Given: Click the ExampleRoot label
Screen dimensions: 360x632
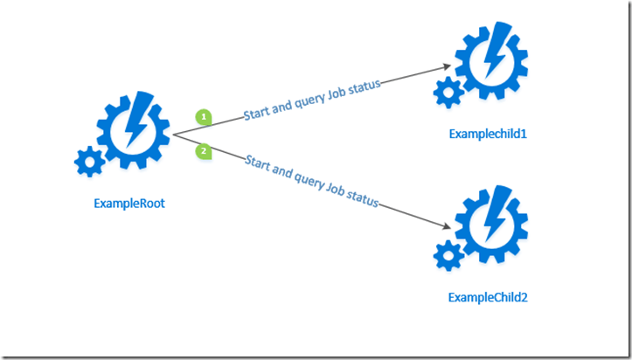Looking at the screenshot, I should tap(129, 204).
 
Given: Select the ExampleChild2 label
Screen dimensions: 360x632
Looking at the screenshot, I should tap(489, 297).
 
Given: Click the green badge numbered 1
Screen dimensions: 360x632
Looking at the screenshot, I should tap(203, 116).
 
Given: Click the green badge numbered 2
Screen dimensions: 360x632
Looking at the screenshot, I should tap(203, 152).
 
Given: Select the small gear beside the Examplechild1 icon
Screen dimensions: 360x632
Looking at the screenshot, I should tap(448, 90).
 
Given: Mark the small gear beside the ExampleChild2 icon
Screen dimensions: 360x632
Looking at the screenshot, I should tap(448, 254).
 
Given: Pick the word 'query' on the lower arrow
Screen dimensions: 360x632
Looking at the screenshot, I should tap(302, 179).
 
